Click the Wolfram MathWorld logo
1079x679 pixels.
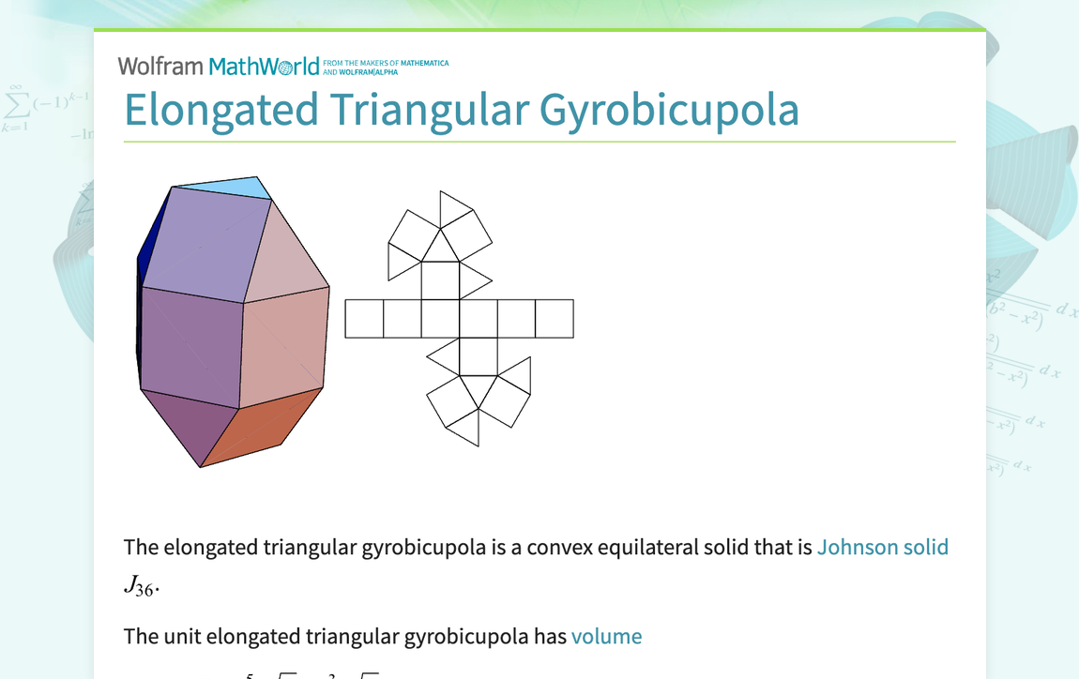(219, 67)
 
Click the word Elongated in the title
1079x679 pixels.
(221, 110)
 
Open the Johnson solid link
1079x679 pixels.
(882, 547)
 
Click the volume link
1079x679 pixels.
(606, 636)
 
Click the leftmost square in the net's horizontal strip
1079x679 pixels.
(364, 319)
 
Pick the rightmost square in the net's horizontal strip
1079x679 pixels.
(555, 319)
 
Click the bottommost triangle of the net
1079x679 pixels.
(466, 427)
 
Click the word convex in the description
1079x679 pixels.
(559, 547)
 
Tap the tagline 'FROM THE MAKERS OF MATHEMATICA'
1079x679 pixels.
(386, 63)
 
